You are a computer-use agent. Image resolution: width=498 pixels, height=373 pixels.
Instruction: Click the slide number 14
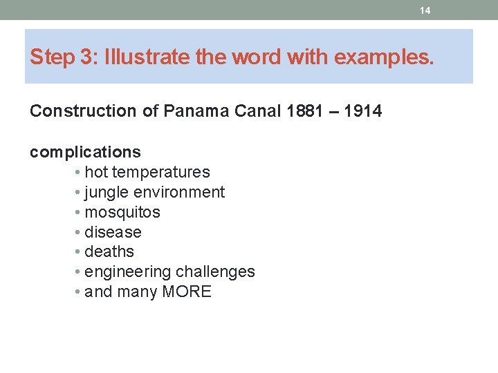(425, 10)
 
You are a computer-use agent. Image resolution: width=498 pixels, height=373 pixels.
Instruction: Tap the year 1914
(362, 111)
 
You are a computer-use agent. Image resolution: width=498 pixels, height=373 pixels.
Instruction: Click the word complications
(85, 152)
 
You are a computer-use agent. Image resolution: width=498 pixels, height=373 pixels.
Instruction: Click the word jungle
(107, 192)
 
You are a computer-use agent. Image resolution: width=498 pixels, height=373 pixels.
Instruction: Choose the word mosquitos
(122, 212)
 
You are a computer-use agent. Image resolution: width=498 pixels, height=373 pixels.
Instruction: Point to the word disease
(113, 232)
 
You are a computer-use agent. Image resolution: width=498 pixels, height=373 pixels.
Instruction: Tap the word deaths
(109, 251)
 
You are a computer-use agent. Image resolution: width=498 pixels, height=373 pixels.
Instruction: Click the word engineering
(128, 272)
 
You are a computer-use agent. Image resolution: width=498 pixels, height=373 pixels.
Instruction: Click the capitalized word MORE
(187, 291)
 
